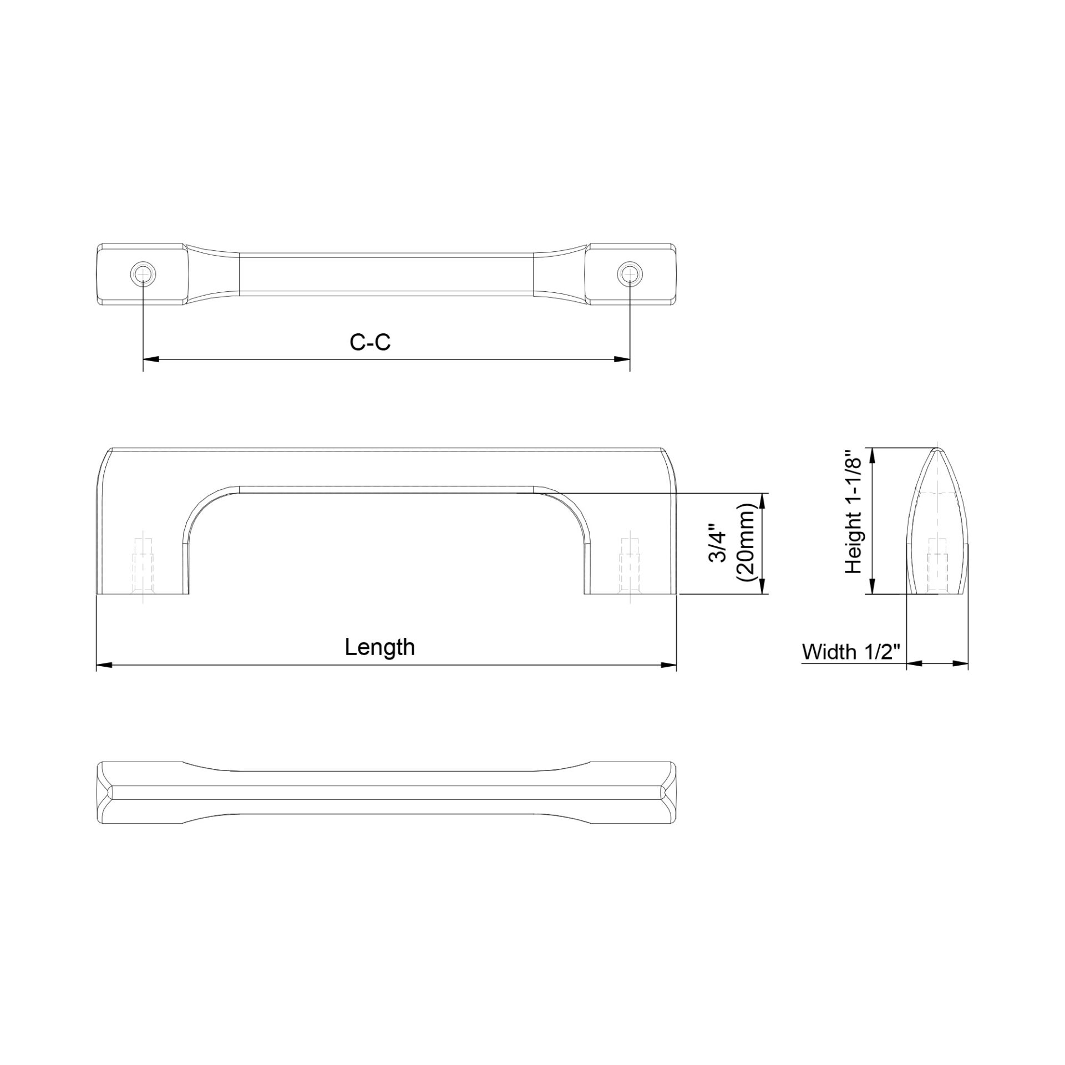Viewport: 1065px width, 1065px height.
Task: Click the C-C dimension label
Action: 370,342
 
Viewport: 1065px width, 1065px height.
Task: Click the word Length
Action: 380,647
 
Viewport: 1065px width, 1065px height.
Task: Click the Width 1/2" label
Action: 850,652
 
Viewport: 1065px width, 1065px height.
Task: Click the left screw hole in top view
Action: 143,273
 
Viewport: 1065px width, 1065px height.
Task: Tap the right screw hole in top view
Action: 630,273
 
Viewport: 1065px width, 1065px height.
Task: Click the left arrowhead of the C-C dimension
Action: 151,359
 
